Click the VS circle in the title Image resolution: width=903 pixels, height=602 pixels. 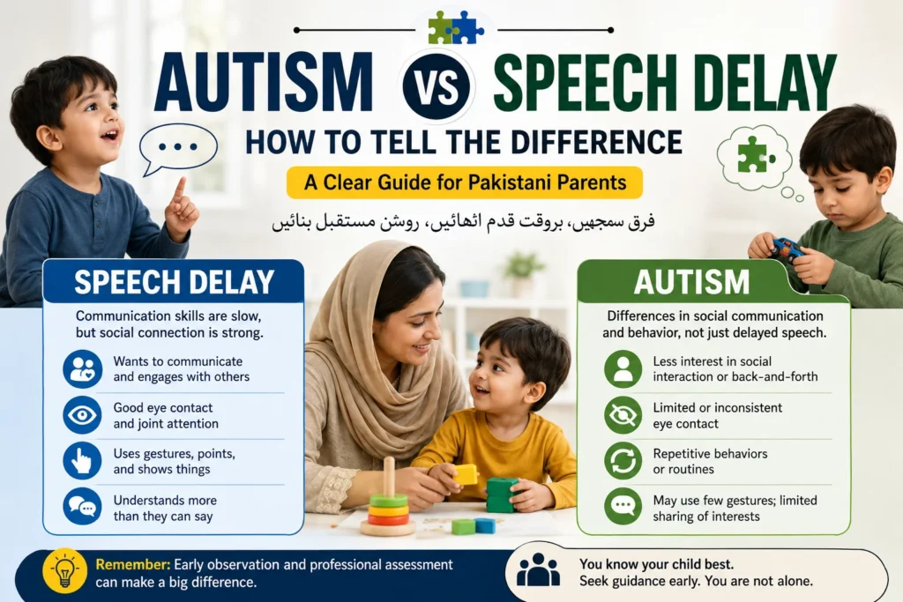(437, 87)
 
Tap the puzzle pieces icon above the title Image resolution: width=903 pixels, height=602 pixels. (456, 27)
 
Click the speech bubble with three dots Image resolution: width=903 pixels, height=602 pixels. (178, 148)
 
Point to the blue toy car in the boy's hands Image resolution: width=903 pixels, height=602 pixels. (787, 249)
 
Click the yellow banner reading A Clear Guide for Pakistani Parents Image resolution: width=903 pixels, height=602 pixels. (465, 182)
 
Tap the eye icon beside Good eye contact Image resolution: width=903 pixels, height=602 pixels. (82, 415)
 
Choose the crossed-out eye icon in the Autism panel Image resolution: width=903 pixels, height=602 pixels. (623, 415)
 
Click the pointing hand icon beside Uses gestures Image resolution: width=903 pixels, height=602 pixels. (82, 461)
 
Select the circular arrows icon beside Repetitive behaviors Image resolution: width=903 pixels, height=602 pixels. (623, 461)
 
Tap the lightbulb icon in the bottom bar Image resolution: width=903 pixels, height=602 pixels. (65, 571)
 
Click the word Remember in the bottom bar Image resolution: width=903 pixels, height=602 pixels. (133, 565)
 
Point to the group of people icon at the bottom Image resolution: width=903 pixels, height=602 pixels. (538, 569)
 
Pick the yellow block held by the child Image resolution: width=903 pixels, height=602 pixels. (466, 474)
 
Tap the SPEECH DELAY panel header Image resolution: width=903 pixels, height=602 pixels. (174, 281)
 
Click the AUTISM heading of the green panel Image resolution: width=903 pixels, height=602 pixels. (691, 282)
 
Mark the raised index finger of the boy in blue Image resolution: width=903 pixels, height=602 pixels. (180, 190)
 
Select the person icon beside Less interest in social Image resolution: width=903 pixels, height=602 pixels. (623, 369)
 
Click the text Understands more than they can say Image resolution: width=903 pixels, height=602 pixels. (165, 509)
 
